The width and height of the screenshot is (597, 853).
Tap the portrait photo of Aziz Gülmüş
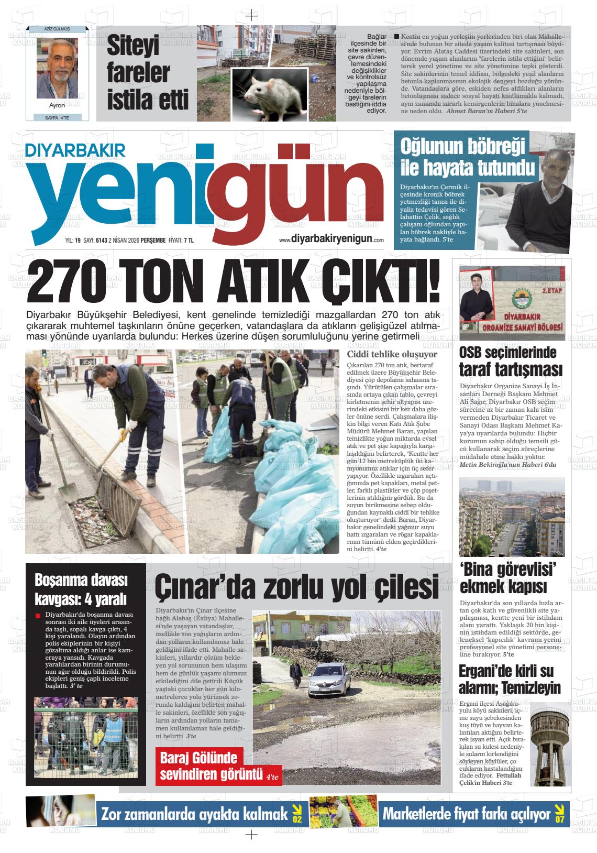57,65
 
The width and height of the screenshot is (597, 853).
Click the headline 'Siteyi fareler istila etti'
140,71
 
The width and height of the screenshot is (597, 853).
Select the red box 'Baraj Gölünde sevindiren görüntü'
219,765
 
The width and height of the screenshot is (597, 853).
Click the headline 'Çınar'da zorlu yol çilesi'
296,588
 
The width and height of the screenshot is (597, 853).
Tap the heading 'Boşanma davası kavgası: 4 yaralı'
81,589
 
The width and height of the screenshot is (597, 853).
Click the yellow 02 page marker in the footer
297,814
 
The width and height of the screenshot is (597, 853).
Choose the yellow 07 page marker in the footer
560,814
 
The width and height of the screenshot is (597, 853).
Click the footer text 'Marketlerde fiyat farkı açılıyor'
467,814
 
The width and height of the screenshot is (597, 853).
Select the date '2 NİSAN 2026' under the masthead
121,240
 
